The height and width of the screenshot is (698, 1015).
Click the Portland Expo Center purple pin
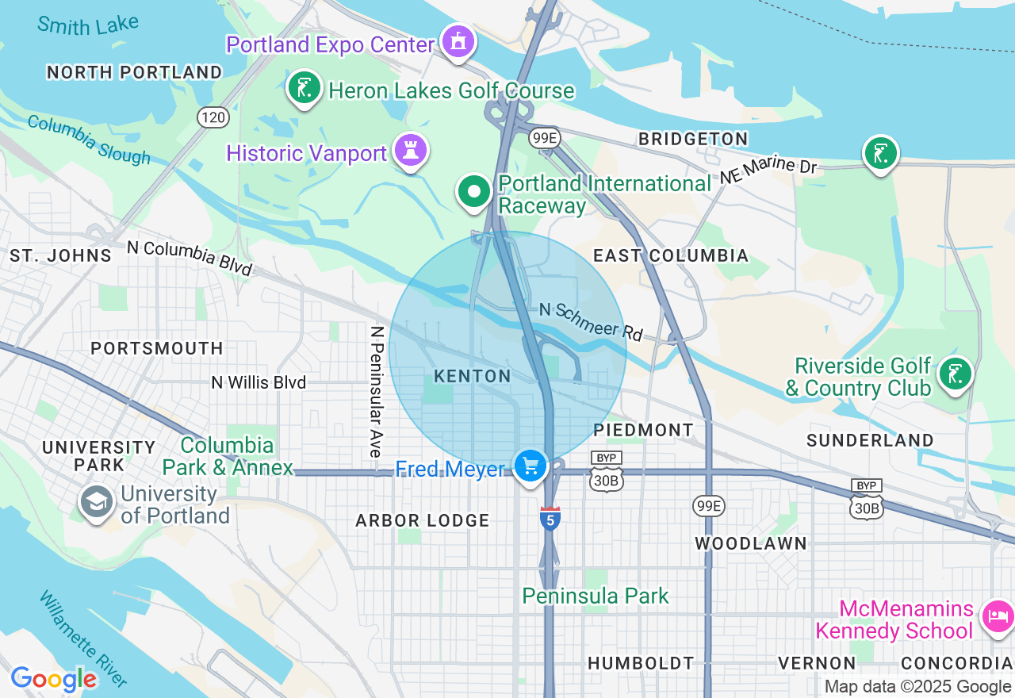click(x=458, y=41)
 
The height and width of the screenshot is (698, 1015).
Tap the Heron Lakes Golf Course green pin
click(x=304, y=87)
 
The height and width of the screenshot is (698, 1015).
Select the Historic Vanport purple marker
click(x=410, y=150)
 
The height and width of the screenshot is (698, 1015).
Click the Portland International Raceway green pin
click(x=474, y=192)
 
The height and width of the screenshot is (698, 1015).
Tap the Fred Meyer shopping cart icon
click(x=530, y=466)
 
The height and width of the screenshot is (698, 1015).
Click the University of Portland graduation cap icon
click(x=97, y=502)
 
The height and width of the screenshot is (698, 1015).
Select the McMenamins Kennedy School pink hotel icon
click(x=998, y=616)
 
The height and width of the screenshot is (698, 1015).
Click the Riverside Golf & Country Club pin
click(x=955, y=374)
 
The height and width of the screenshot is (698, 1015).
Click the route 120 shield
click(x=213, y=118)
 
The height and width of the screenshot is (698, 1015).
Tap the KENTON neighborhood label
click(x=473, y=376)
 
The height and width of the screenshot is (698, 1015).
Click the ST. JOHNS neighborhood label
click(x=60, y=255)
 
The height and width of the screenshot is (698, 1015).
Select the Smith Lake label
click(x=87, y=25)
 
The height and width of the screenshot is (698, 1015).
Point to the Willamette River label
click(x=82, y=638)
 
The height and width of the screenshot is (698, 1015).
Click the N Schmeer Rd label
click(x=591, y=320)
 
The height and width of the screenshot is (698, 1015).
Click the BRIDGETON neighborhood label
click(x=693, y=139)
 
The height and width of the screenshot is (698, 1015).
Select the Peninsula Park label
click(x=596, y=596)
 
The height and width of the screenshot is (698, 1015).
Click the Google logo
click(x=54, y=679)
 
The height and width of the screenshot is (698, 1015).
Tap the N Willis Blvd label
click(x=259, y=382)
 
